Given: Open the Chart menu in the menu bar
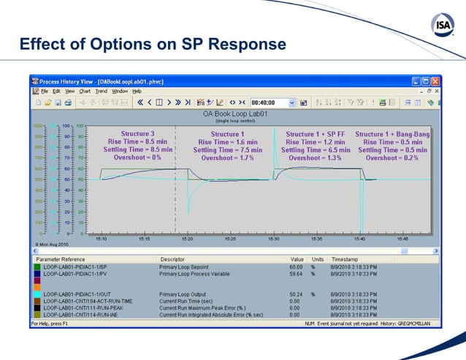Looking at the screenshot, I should [x=85, y=91].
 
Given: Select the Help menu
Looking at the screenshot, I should [x=137, y=91].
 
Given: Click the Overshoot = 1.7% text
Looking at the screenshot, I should [x=227, y=158].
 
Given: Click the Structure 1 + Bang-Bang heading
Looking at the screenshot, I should [x=391, y=134].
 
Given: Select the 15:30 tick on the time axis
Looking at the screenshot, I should [x=274, y=238].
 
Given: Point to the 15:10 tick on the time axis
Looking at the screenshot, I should [x=102, y=238].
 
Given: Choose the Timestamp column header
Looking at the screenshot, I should [x=346, y=258].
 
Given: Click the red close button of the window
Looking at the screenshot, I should [x=435, y=81].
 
